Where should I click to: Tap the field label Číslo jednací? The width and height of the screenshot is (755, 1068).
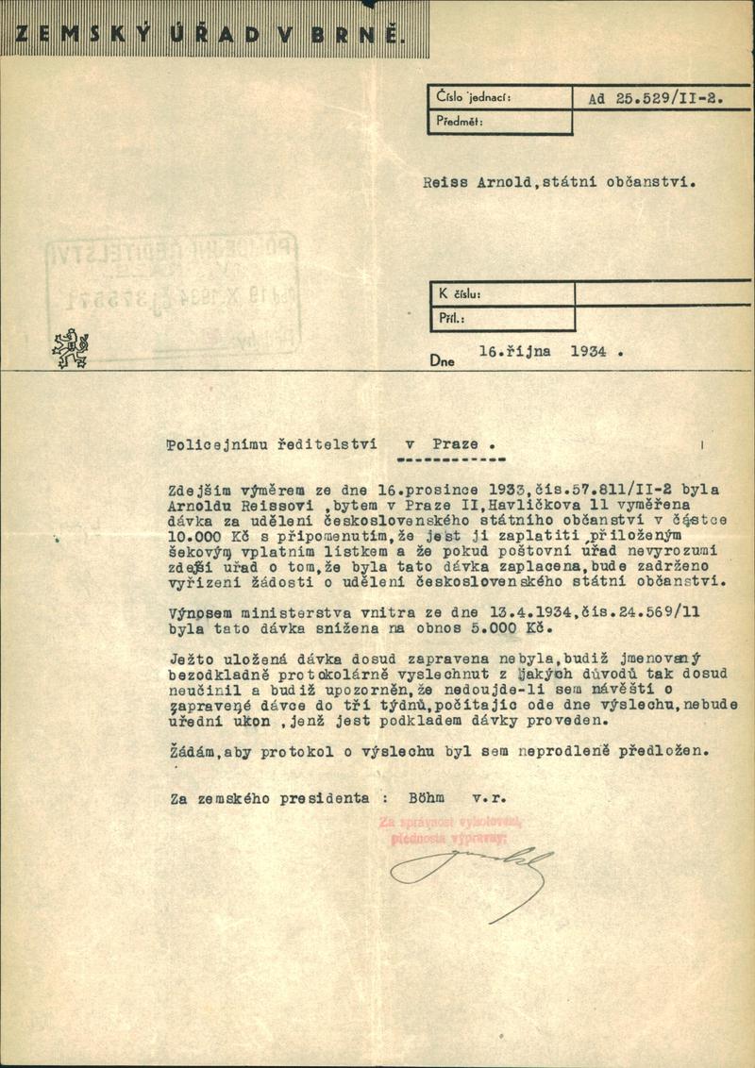click(473, 97)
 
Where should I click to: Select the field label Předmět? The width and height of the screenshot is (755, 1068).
click(461, 122)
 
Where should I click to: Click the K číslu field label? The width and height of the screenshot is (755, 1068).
click(461, 293)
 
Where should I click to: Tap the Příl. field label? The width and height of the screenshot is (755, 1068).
click(454, 319)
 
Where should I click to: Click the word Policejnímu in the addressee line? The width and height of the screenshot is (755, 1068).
click(214, 443)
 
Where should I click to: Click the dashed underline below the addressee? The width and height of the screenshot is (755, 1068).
click(452, 460)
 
